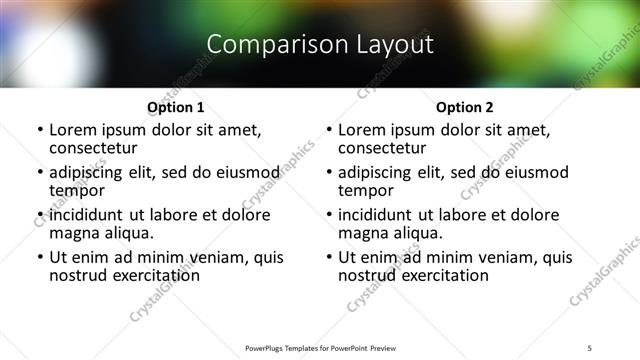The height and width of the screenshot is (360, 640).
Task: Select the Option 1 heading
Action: (x=176, y=107)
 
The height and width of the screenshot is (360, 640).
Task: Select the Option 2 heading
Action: (x=465, y=107)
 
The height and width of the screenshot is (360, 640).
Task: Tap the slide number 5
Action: (x=590, y=347)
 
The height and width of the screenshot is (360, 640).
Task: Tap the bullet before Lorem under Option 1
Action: (x=39, y=131)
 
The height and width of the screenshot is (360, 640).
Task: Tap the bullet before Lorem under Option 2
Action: (x=328, y=131)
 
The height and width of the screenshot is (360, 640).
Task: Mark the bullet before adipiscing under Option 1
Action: (x=39, y=173)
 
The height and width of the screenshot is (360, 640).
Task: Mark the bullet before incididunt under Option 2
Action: (x=328, y=216)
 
